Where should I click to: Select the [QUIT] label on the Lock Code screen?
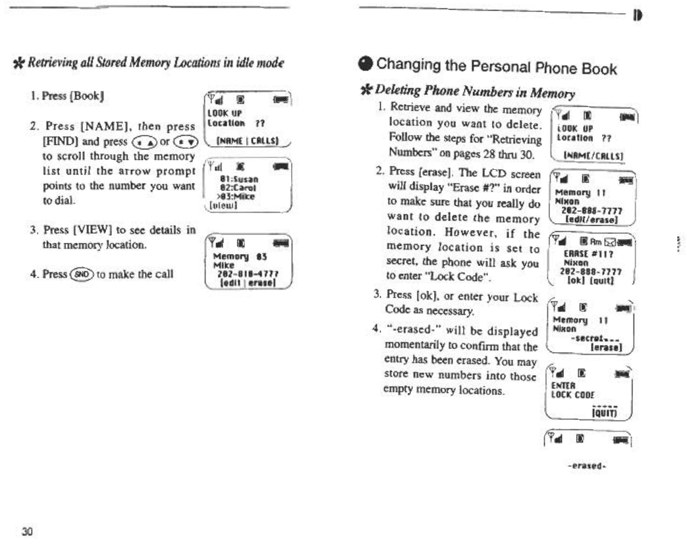pos(604,412)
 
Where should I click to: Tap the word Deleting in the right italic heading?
pos(397,93)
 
